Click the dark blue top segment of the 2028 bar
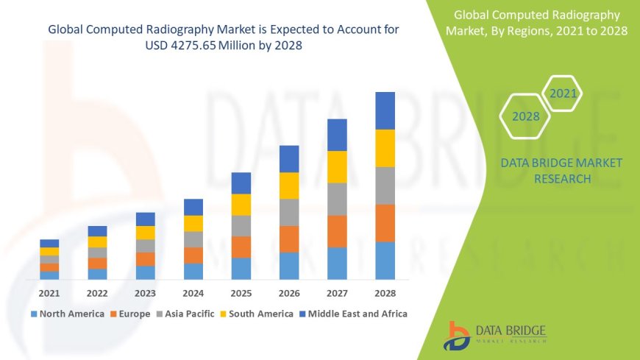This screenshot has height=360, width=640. click(385, 110)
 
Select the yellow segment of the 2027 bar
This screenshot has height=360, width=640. click(337, 166)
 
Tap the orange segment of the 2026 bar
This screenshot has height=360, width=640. click(289, 239)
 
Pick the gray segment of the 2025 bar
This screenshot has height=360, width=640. click(241, 225)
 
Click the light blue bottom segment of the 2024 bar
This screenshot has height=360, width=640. click(193, 271)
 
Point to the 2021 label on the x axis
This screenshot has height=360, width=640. click(49, 293)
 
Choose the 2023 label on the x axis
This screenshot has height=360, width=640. click(145, 293)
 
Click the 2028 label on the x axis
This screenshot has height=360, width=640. click(385, 293)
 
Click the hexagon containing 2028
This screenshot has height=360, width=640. click(525, 116)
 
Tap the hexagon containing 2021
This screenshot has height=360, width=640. click(563, 93)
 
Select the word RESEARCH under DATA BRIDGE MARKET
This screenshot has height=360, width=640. click(561, 179)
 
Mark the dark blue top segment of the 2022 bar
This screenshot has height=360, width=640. click(97, 231)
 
